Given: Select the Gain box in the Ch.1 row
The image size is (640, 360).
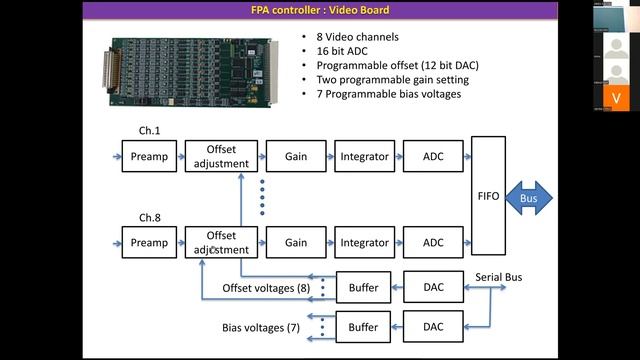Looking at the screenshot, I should point(295,155).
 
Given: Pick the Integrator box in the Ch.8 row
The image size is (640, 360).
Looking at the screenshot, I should point(364,242).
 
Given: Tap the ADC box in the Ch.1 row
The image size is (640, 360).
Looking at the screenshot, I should point(433,155).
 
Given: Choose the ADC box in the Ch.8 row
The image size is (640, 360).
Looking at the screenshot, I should point(433,242).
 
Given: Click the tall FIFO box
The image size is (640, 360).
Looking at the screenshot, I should point(489,198).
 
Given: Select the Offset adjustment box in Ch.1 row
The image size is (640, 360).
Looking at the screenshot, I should point(220,155).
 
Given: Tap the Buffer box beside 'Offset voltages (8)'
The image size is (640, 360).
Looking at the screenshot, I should point(364,288).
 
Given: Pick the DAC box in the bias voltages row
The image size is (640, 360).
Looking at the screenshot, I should point(433,327).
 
